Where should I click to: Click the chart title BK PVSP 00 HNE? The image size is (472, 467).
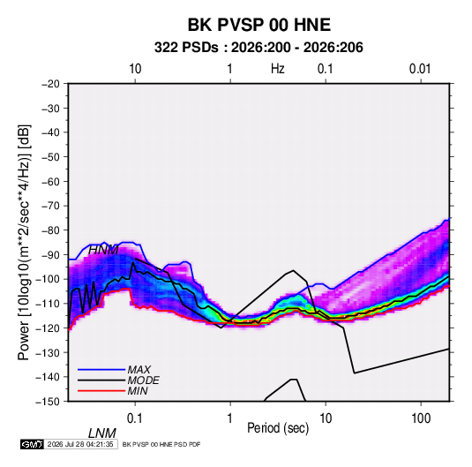(259, 25)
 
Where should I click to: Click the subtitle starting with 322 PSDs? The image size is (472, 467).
(258, 48)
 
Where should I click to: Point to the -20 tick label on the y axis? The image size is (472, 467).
(50, 84)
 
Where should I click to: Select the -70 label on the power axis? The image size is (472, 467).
(50, 206)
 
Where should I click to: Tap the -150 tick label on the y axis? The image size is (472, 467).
(48, 402)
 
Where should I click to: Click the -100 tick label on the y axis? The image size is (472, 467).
(48, 279)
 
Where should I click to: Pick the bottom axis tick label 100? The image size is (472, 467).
(421, 418)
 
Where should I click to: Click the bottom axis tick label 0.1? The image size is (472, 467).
(135, 418)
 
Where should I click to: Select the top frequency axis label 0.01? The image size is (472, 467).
(420, 69)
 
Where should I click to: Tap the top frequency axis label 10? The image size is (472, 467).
(135, 69)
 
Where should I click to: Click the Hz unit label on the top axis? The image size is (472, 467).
(278, 69)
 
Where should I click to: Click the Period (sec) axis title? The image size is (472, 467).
(278, 428)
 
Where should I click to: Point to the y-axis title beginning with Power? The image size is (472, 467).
(24, 242)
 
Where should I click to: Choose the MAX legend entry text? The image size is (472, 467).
(139, 369)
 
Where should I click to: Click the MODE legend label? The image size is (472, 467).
(143, 380)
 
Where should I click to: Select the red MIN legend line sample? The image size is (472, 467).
(101, 391)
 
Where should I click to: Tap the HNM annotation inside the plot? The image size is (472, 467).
(103, 250)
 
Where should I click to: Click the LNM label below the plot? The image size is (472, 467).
(102, 433)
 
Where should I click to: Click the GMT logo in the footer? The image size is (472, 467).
(33, 444)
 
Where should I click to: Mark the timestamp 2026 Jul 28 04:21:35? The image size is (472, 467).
(80, 444)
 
